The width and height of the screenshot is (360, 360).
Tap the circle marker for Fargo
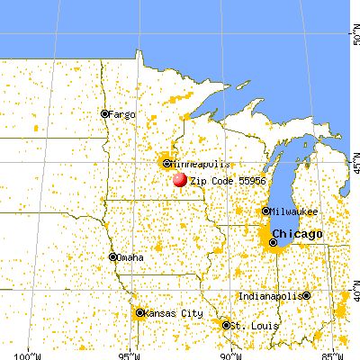(x=104, y=114)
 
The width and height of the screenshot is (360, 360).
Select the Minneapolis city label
(x=195, y=164)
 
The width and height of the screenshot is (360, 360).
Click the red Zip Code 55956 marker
(x=180, y=179)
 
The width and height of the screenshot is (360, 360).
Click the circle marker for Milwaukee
(x=265, y=211)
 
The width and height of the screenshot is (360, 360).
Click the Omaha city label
(x=131, y=257)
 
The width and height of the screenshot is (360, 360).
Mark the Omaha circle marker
(x=112, y=257)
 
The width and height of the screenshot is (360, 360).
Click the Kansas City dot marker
(x=139, y=313)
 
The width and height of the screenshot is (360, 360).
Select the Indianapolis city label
(x=270, y=296)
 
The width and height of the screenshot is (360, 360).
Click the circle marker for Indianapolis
(x=307, y=296)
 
